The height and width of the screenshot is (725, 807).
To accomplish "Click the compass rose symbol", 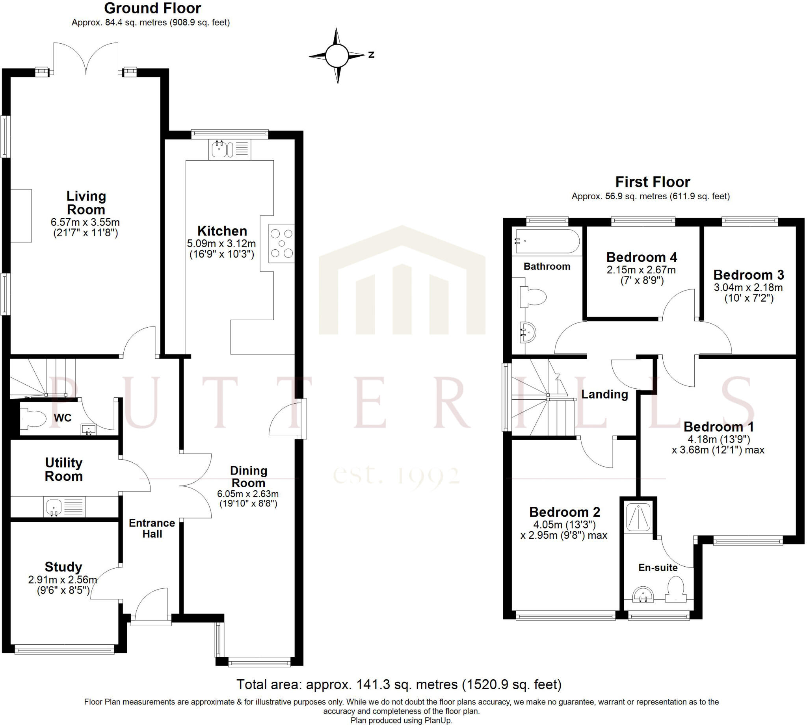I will (x=338, y=56).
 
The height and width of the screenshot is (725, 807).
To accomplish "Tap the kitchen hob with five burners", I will (x=281, y=243).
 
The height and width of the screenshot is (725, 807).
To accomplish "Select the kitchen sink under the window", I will (x=219, y=149).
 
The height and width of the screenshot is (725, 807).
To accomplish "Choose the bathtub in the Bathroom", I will (x=548, y=241).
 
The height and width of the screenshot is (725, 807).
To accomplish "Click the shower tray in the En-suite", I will (x=638, y=517).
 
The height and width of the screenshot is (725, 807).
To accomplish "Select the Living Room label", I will (x=86, y=203).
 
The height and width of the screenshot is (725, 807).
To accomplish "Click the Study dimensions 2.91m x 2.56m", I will (x=63, y=580).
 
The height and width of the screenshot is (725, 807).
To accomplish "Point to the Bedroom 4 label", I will (x=642, y=257).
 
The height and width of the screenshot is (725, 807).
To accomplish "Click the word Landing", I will (x=604, y=394).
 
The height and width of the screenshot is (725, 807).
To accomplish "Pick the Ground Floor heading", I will (x=152, y=8).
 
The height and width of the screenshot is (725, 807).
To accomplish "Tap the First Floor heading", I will (x=653, y=182).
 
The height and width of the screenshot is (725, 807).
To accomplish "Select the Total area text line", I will (x=399, y=684).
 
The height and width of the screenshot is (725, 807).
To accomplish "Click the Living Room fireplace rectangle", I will (x=21, y=215).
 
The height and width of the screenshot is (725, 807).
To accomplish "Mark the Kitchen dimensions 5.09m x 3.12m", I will (x=221, y=243).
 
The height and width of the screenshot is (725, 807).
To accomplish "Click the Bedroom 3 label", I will (x=749, y=275).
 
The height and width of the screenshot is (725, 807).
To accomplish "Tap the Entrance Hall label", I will (x=152, y=528).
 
